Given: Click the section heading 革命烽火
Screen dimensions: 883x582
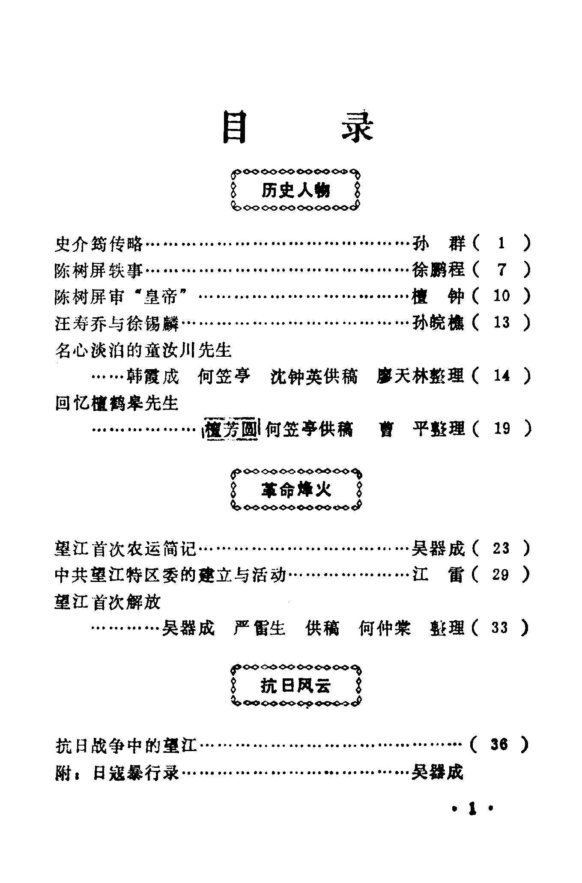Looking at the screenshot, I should tap(296, 490).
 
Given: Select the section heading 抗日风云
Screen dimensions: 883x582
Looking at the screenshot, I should tap(296, 686).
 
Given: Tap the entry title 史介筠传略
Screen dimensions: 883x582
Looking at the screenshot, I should tap(98, 244).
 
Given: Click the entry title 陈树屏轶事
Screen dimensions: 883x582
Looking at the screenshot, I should tap(98, 270).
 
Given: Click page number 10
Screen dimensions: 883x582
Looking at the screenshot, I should tap(501, 296).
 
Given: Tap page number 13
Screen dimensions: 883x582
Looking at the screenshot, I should tap(501, 322).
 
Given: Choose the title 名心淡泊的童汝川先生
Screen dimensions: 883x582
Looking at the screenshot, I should tap(143, 350).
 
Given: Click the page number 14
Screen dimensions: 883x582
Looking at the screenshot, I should tap(501, 376).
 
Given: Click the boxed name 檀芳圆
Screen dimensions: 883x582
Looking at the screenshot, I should tap(231, 429).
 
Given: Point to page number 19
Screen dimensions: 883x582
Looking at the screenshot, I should tap(501, 428).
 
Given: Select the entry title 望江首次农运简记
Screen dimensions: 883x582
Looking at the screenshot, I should tap(125, 548).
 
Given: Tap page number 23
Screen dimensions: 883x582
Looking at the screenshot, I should tap(501, 548).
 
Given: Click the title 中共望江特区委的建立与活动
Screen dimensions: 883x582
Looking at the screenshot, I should tap(170, 575).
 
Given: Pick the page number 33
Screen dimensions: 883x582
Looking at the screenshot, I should tap(500, 628).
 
